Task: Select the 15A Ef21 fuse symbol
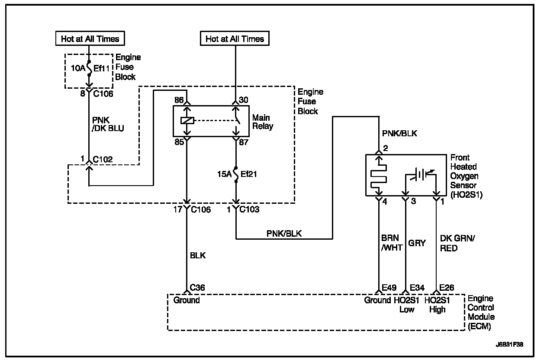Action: click(x=236, y=174)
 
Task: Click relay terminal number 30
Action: click(x=243, y=100)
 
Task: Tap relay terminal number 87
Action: click(x=243, y=141)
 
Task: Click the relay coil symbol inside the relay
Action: click(x=187, y=121)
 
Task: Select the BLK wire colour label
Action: click(x=197, y=256)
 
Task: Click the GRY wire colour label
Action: click(x=417, y=243)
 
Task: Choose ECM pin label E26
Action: click(x=448, y=287)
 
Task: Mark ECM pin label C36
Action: click(x=197, y=287)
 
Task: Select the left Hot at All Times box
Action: click(x=90, y=39)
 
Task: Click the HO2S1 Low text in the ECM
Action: click(x=406, y=305)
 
